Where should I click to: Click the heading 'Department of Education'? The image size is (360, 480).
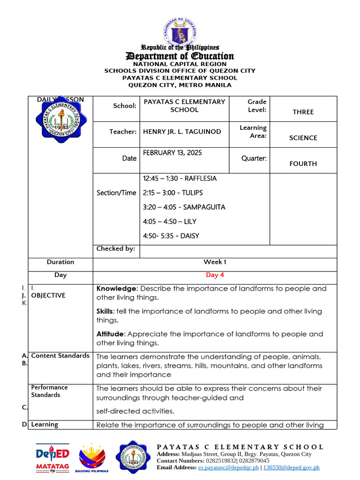pyautogui.click(x=180, y=56)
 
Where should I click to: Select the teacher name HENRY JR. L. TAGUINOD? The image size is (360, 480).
pyautogui.click(x=182, y=132)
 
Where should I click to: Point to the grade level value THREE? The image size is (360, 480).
pyautogui.click(x=303, y=112)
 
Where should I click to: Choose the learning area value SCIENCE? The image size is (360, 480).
pyautogui.click(x=303, y=138)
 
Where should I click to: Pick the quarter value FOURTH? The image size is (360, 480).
pyautogui.click(x=303, y=164)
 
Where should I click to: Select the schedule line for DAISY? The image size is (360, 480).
pyautogui.click(x=171, y=236)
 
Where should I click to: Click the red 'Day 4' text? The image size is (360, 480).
pyautogui.click(x=215, y=275)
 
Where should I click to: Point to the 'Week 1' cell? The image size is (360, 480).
pyautogui.click(x=215, y=262)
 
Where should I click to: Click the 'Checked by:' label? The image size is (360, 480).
pyautogui.click(x=116, y=248)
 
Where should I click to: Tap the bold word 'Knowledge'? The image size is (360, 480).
pyautogui.click(x=117, y=289)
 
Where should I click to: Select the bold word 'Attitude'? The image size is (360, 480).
pyautogui.click(x=111, y=334)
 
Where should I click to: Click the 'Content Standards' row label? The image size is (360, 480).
pyautogui.click(x=60, y=356)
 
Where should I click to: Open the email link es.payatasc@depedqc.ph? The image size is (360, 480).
pyautogui.click(x=228, y=467)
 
